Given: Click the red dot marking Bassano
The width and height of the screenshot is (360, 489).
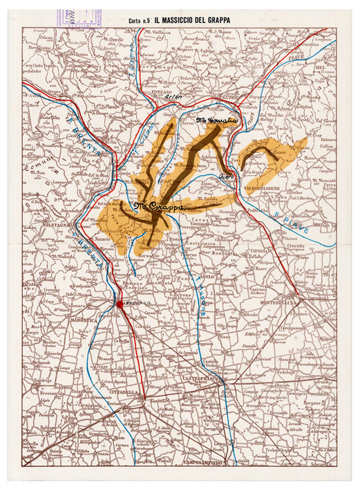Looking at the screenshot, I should coord(120,304).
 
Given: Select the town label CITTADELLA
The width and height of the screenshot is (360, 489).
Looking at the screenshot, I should coord(126,393).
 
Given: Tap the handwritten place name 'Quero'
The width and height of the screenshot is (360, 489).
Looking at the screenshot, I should coord(226,178).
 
